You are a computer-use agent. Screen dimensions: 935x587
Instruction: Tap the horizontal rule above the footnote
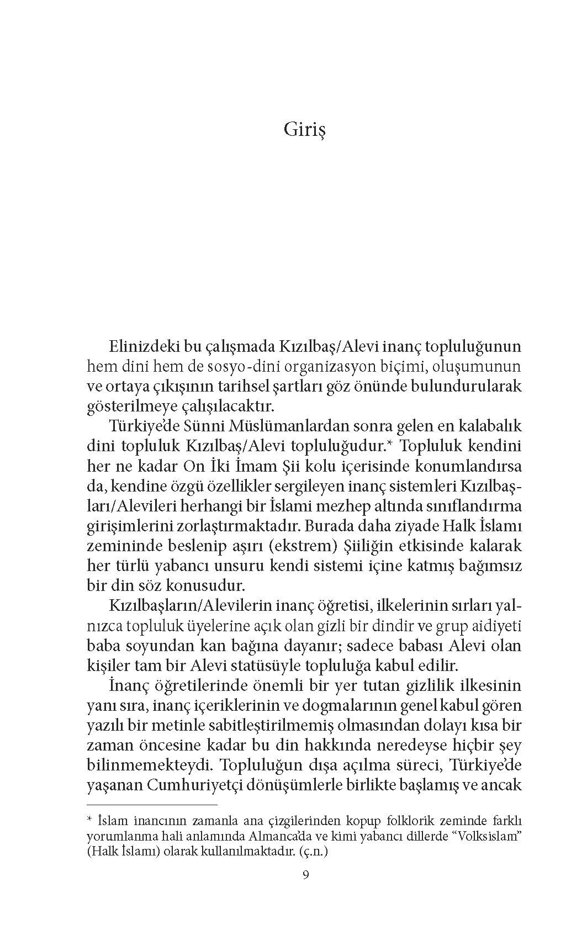[152, 805]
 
